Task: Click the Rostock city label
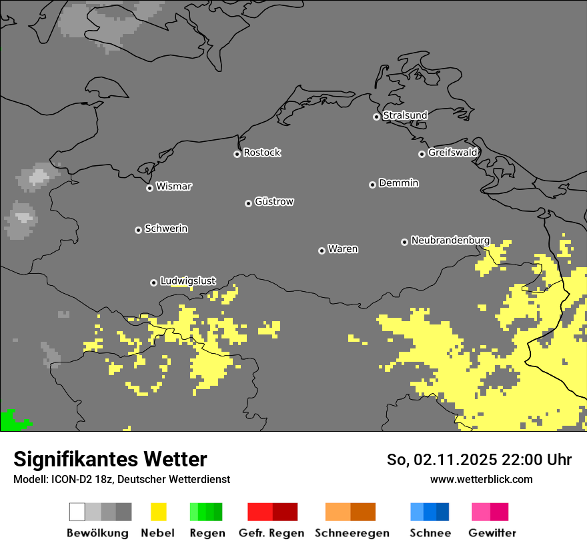tap(261, 153)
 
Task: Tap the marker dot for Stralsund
tap(376, 117)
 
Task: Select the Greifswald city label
tap(452, 153)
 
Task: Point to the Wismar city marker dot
tap(149, 188)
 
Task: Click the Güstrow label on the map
tap(274, 201)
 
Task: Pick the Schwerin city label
tap(166, 229)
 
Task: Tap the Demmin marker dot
tap(372, 185)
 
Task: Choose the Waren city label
tap(343, 249)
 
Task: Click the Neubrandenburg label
tap(450, 241)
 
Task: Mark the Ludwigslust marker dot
tap(153, 282)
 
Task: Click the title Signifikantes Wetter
tap(110, 459)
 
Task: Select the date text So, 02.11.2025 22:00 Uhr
tap(479, 460)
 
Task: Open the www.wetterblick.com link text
tap(481, 479)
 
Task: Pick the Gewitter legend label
tap(492, 533)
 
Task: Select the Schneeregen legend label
tap(352, 533)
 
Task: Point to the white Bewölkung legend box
tap(77, 512)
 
